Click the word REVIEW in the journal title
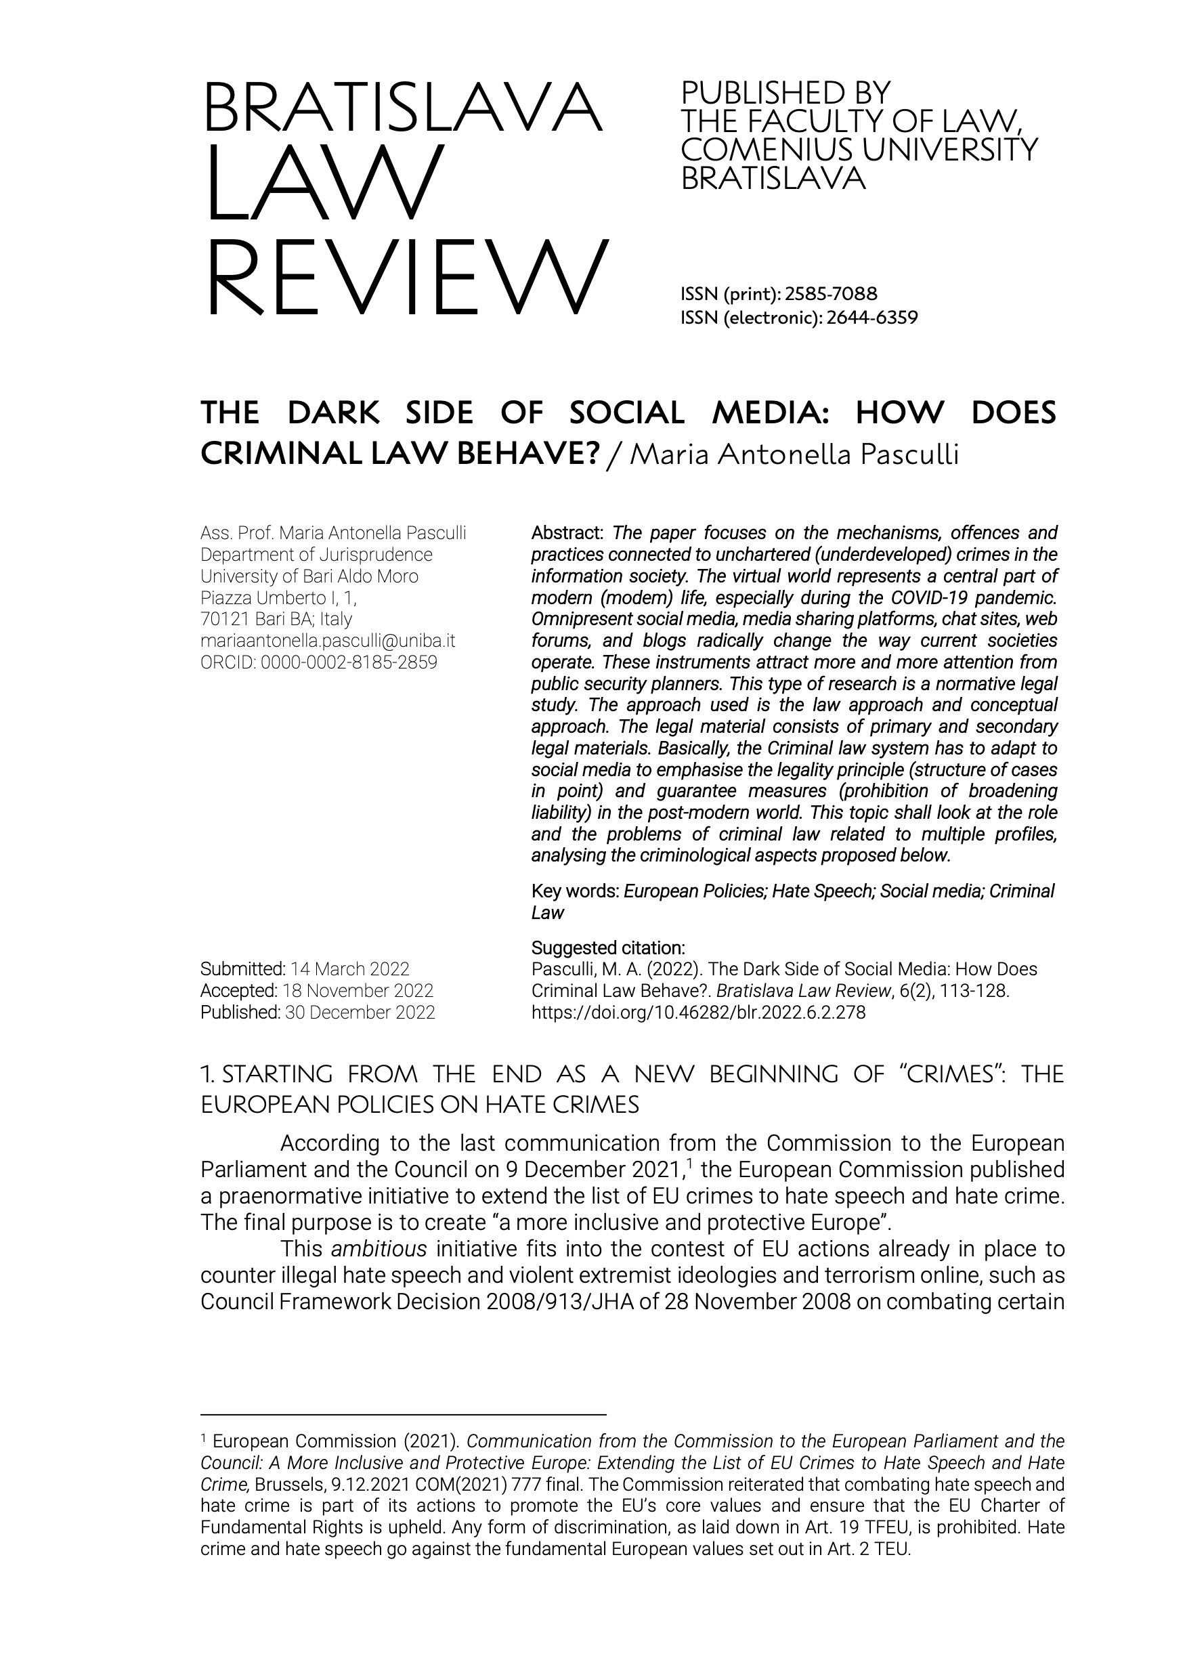coord(406,277)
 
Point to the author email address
coord(328,641)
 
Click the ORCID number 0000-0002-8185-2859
coord(349,662)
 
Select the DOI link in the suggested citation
coord(698,1012)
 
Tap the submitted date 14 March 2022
coord(349,969)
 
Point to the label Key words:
coord(576,891)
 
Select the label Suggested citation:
coord(607,948)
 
